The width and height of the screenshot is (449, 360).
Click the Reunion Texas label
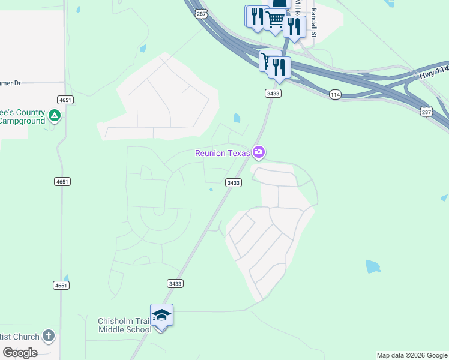(x=222, y=153)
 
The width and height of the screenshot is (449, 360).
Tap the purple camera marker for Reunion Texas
(x=259, y=152)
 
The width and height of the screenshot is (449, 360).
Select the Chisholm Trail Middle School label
(x=125, y=325)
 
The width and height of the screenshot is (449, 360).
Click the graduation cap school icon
(x=162, y=315)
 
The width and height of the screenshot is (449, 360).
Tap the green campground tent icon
(x=55, y=115)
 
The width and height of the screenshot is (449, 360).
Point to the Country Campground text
(x=23, y=117)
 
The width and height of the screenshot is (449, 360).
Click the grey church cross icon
(x=49, y=336)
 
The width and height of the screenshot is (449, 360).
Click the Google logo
(x=20, y=352)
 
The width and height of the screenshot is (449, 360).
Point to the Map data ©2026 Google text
(x=412, y=355)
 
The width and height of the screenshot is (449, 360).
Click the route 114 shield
(x=336, y=95)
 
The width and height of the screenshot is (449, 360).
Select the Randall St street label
(x=313, y=24)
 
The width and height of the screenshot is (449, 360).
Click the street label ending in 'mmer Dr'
(x=11, y=83)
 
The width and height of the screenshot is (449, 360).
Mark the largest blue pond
(x=373, y=266)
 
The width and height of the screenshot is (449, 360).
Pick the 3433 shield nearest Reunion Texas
(x=234, y=182)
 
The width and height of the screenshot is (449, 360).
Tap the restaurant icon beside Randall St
(x=294, y=26)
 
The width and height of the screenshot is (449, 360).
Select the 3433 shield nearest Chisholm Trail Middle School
(x=175, y=283)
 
